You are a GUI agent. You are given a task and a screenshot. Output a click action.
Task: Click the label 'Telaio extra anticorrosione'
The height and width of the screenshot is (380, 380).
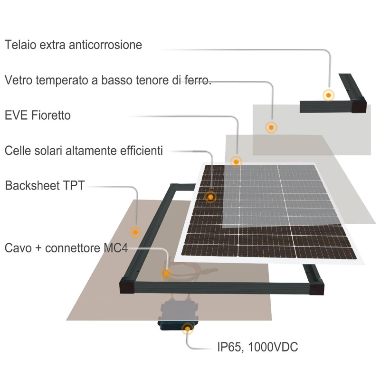point(74,45)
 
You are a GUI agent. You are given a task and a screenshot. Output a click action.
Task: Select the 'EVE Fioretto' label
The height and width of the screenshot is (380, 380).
point(38,115)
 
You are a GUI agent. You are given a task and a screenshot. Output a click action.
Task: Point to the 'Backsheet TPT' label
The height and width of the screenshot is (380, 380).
point(45,185)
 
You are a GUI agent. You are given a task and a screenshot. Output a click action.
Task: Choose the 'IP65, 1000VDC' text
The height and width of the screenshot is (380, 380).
point(257,347)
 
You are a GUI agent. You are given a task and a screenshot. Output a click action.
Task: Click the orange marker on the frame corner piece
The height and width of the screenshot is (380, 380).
point(328,95)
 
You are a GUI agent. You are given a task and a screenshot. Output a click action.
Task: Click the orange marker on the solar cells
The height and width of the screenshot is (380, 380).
point(210,196)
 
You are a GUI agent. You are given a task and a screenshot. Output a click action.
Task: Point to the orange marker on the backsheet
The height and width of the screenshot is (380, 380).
point(136,232)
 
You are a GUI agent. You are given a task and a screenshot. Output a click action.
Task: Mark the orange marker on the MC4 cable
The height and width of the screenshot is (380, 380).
point(167,273)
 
